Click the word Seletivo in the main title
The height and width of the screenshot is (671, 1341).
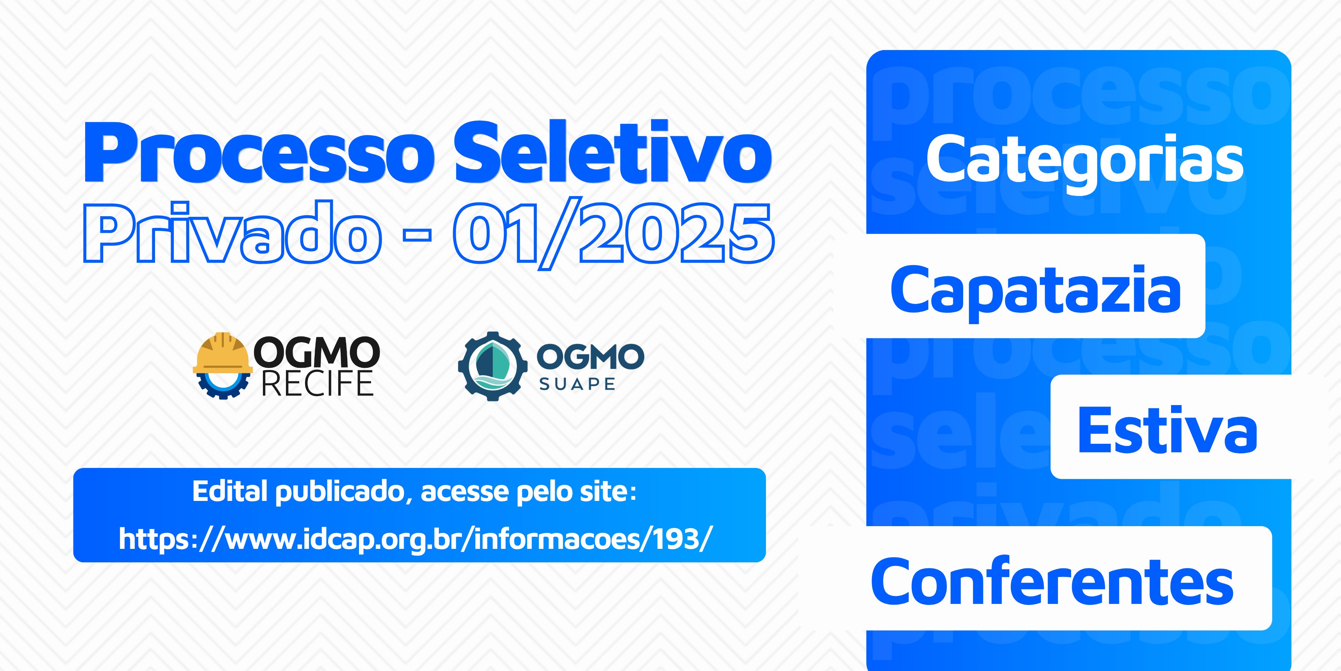pyautogui.click(x=613, y=151)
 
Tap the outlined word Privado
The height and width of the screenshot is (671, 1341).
pyautogui.click(x=232, y=232)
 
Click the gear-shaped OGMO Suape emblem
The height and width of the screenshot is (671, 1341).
pyautogui.click(x=492, y=366)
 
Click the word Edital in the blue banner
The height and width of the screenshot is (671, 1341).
pyautogui.click(x=230, y=491)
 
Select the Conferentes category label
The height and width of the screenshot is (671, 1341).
pyautogui.click(x=1052, y=581)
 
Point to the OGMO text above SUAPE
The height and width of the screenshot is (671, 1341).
pyautogui.click(x=590, y=357)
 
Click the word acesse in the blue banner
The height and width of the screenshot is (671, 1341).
pyautogui.click(x=464, y=492)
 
